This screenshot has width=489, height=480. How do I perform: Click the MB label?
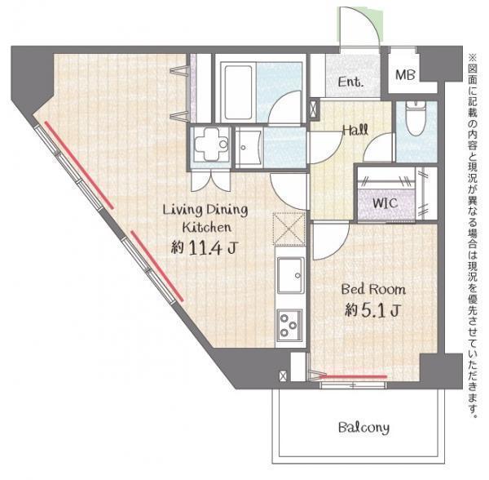[x=405, y=75]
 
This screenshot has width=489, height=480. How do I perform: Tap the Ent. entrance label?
[x=350, y=82]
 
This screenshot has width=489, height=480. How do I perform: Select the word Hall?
[x=355, y=129]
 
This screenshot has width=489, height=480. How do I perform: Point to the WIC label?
[x=385, y=203]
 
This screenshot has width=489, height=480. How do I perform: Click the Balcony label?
[x=364, y=427]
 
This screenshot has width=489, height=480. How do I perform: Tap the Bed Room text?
[x=373, y=289]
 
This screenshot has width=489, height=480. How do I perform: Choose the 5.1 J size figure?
[x=381, y=310]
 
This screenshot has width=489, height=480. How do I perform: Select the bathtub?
[x=238, y=92]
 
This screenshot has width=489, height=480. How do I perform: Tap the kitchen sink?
[x=291, y=275]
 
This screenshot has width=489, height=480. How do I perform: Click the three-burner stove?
[x=289, y=325]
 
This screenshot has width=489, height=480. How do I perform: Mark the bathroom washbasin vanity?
[x=249, y=148]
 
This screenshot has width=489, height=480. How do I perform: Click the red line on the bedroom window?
[x=354, y=376]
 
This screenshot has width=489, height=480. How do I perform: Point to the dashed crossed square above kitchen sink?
[x=289, y=229]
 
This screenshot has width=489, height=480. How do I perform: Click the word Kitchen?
[x=207, y=228]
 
